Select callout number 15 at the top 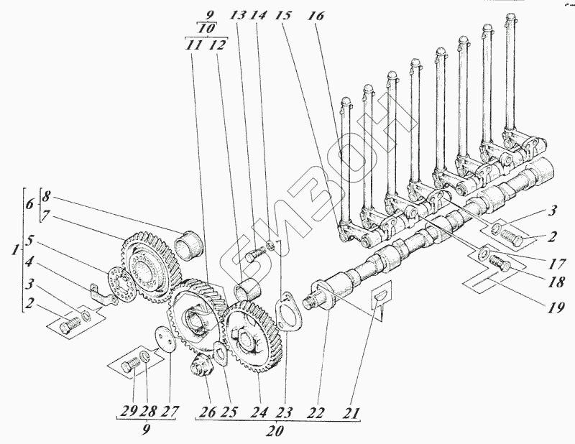(283, 15)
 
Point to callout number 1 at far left (15, 254)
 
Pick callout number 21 (351, 414)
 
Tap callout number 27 (169, 414)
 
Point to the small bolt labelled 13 (253, 254)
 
